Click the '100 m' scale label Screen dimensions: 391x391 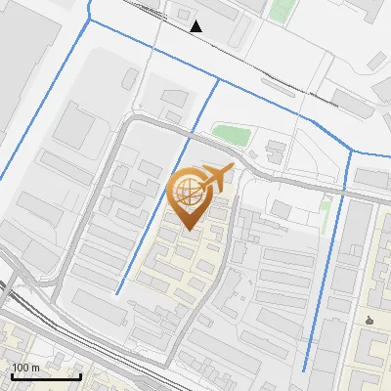pos(26,368)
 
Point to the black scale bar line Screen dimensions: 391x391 pos(46,376)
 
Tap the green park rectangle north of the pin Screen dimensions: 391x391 pos(231,135)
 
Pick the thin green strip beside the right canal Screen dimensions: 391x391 pos(326,214)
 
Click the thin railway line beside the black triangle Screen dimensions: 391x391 pos(235,50)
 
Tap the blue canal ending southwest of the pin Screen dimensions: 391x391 pos(117,292)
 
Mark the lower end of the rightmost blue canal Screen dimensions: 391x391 pos(305,369)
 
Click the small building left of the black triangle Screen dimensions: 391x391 pos(183,14)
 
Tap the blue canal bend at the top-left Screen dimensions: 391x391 pos(90,18)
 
